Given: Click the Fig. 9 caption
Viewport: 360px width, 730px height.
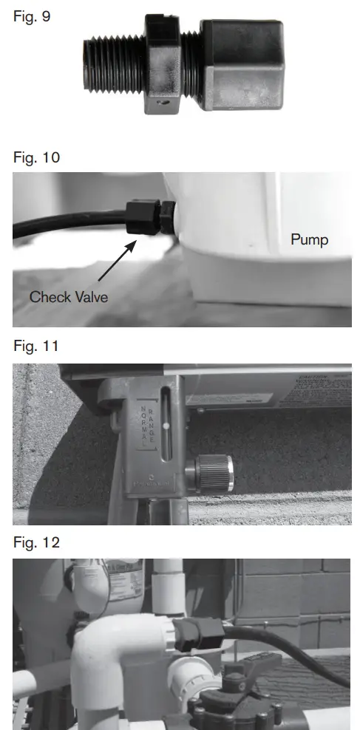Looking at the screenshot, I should pos(32,16).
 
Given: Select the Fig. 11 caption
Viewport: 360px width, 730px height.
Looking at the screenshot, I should pos(35,347).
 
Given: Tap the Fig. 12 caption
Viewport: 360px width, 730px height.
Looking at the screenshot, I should pos(35,542).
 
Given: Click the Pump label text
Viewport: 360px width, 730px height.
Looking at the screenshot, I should pos(309,240).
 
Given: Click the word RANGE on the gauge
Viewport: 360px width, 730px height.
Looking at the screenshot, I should pos(151,423).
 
